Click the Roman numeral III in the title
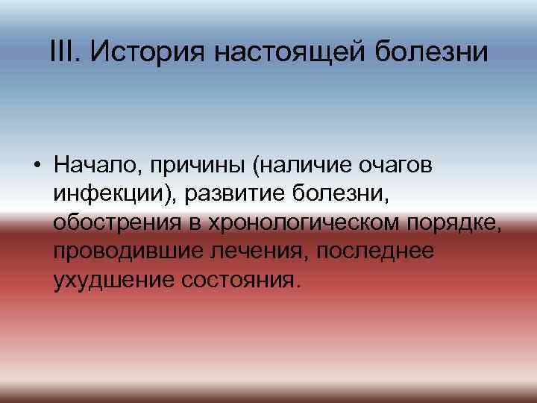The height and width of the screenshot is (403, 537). [61, 51]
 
